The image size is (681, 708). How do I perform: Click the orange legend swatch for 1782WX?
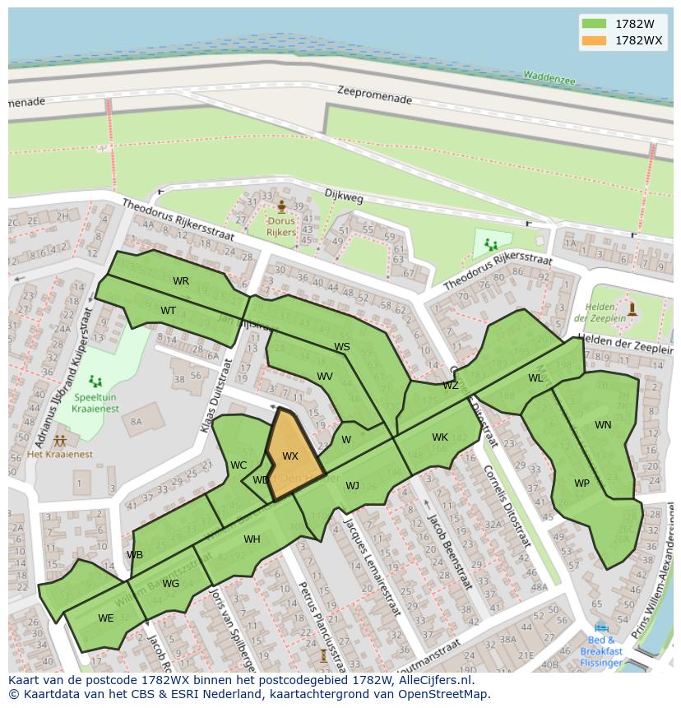point(592,40)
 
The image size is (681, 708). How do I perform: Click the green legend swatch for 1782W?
point(592,23)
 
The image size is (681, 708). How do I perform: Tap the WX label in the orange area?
point(290,456)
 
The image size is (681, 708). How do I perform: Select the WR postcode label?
point(181,281)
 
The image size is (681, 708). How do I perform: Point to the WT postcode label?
point(168,311)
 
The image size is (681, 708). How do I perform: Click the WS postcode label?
point(342,347)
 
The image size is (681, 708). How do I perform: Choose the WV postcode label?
point(325,377)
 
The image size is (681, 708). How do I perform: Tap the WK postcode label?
point(440,437)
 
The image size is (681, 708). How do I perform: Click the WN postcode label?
point(603,425)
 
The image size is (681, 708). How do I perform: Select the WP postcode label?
point(581,484)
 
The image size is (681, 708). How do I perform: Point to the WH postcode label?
point(252,539)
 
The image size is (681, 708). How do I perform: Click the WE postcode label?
point(106,618)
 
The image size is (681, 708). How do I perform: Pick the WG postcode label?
point(170,584)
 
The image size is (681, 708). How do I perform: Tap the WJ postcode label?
point(352,486)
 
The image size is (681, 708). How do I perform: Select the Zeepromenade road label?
point(374,96)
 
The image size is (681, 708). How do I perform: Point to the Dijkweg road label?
point(344,197)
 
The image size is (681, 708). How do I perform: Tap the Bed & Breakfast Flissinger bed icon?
point(601,627)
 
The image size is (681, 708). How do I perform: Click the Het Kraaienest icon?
point(59,441)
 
